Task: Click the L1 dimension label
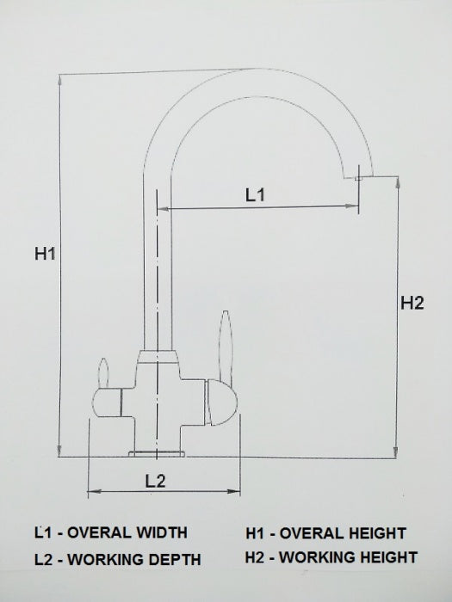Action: point(256,195)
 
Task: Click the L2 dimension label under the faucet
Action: point(155,481)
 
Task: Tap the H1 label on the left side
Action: point(45,254)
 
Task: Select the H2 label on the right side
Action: point(412,303)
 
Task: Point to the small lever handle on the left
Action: point(104,373)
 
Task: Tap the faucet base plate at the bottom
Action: point(157,452)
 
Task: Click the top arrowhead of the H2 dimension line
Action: point(397,181)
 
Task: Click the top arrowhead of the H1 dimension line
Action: point(59,80)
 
